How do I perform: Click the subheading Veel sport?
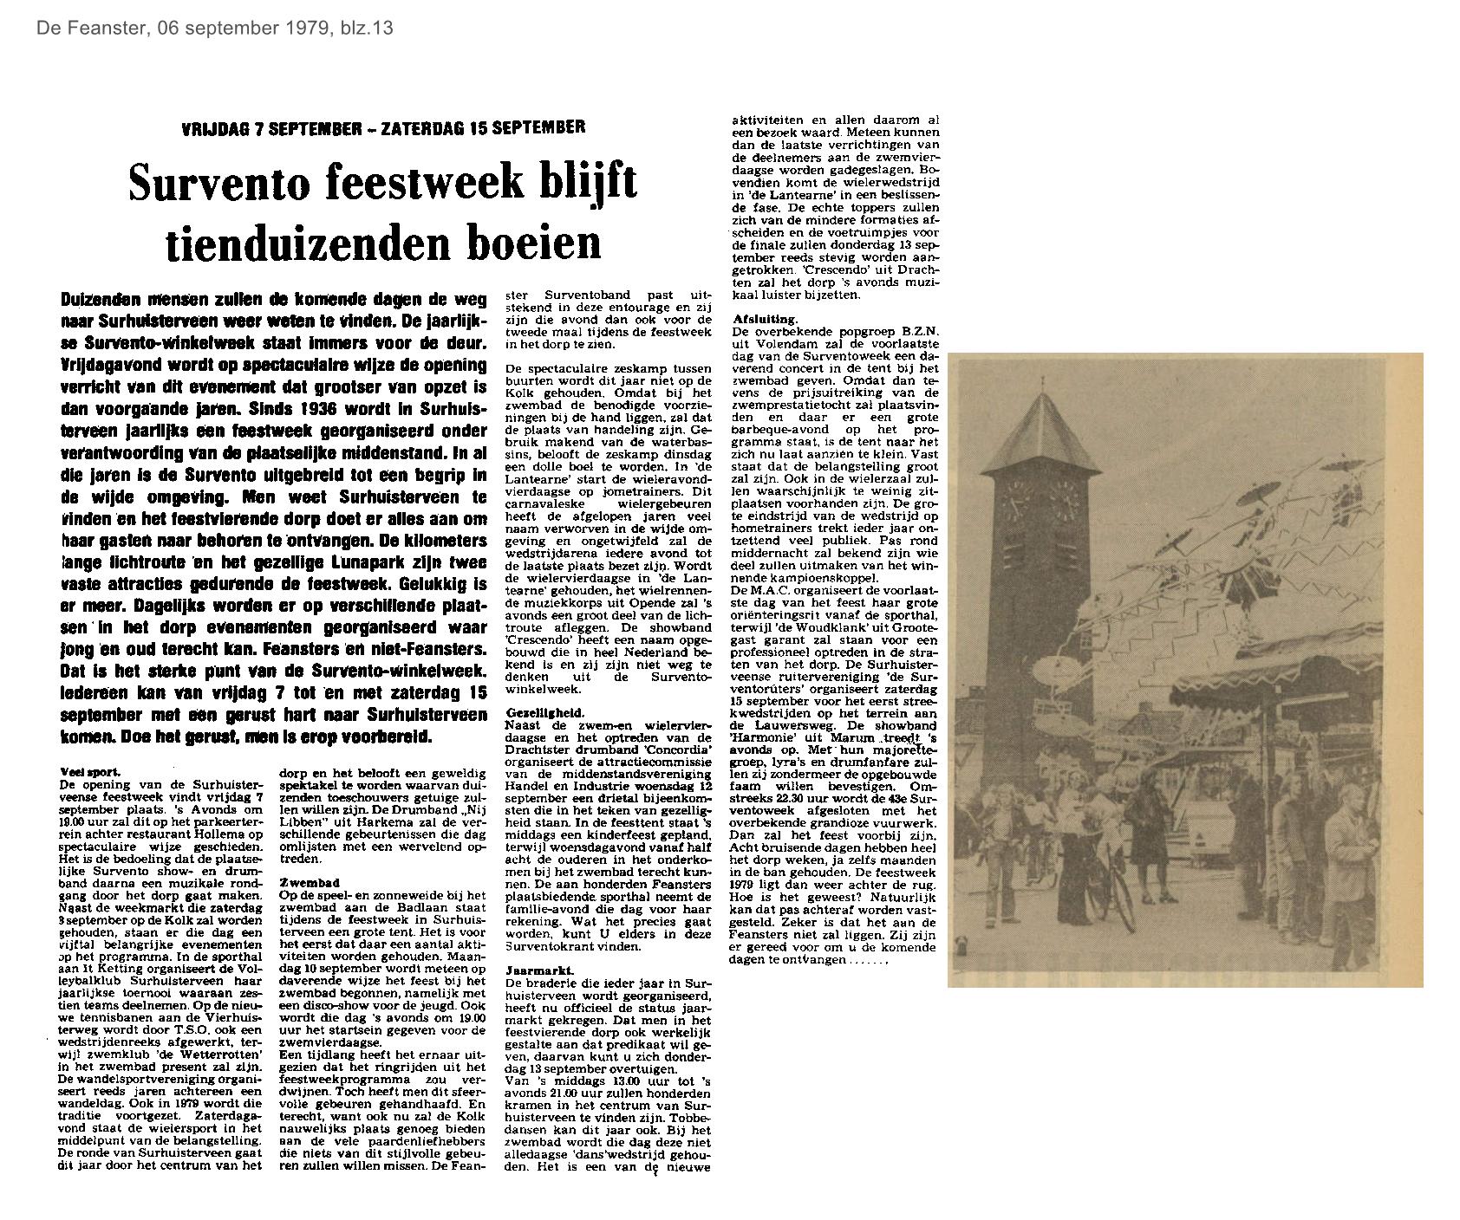pyautogui.click(x=91, y=770)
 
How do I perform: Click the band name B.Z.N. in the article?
pyautogui.click(x=921, y=332)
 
